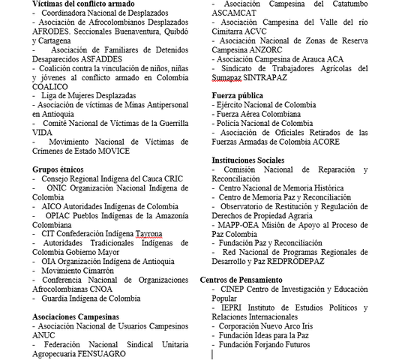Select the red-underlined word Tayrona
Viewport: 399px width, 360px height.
click(148, 234)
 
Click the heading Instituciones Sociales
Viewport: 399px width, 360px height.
click(247, 160)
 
